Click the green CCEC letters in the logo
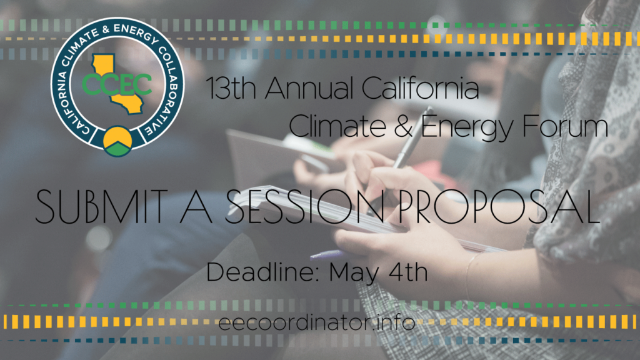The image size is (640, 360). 117,84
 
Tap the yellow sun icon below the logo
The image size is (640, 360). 117,136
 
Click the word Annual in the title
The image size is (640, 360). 309,88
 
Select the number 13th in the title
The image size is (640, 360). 231,88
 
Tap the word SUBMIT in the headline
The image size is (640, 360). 102,206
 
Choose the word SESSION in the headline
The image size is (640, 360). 305,206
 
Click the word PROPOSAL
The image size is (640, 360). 498,206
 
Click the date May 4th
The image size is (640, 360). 378,272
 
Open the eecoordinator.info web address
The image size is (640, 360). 317,322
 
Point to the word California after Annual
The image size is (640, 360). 421,88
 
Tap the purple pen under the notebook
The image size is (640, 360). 329,255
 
